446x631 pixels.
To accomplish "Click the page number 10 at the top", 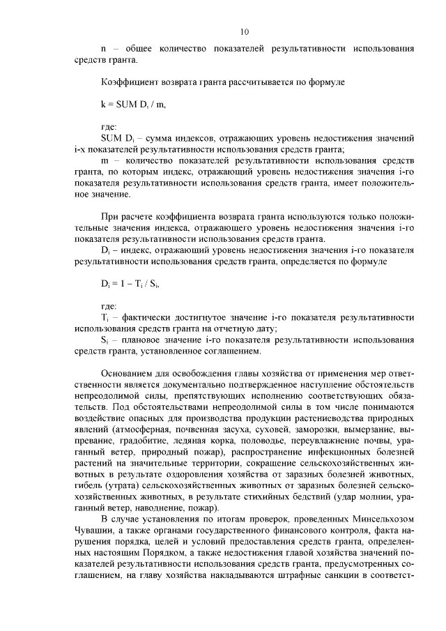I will [244, 31].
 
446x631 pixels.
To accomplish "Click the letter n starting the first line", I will [104, 49].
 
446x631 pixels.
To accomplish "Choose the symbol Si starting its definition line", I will [105, 341].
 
